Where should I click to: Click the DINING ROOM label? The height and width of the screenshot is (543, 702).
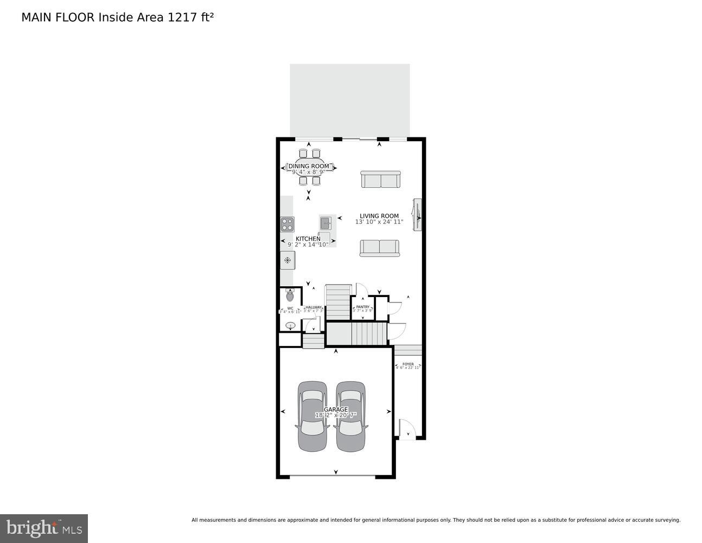coord(308,166)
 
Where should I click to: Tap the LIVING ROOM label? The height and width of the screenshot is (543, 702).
coord(379,216)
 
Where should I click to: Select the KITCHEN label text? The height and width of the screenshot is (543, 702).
coord(308,238)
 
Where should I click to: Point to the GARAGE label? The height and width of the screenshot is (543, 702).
coord(335,409)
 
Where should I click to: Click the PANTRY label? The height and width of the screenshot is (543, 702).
coord(362,307)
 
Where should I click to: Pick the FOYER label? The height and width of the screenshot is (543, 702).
coord(408,364)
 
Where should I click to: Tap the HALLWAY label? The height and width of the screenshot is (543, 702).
coord(313,307)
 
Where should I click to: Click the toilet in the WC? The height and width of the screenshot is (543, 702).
coord(290,296)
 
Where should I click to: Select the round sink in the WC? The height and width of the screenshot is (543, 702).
coord(290,326)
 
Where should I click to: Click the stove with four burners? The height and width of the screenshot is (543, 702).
coord(287,224)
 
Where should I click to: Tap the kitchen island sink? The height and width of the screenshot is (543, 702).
coord(326,222)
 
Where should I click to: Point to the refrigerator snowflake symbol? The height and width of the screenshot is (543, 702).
coord(288,261)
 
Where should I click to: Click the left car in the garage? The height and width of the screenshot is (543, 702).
coord(312,416)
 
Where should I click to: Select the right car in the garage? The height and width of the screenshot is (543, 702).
coord(350,416)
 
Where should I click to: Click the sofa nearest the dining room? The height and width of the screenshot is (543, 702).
coord(380,179)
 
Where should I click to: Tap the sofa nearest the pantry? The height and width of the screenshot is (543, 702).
coord(379,248)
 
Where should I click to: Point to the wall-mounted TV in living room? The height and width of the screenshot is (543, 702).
coord(417,215)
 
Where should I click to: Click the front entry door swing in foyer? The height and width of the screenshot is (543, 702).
coord(407,428)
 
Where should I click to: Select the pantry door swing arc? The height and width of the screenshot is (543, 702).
coord(361,289)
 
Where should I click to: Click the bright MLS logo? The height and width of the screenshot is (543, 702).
coord(44,528)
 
